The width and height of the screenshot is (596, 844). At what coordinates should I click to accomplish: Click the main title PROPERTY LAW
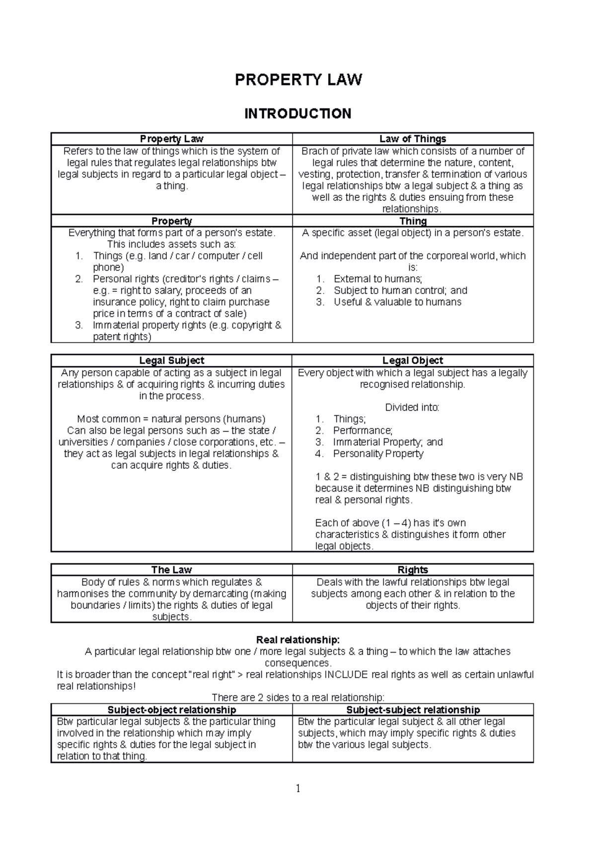[x=298, y=80]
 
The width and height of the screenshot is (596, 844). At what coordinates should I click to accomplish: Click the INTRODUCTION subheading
[x=298, y=114]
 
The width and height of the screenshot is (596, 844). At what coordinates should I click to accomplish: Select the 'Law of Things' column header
[x=413, y=139]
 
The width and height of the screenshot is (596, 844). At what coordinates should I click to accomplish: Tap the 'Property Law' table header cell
[x=171, y=139]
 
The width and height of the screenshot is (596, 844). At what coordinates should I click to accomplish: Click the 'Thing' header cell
[x=413, y=221]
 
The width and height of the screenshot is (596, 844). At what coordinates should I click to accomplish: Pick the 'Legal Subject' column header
[x=171, y=360]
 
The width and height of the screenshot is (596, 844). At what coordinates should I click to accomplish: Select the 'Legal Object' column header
[x=413, y=360]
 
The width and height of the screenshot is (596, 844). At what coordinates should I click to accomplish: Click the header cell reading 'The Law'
[x=171, y=570]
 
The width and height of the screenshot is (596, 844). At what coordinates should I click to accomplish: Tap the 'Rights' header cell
[x=413, y=570]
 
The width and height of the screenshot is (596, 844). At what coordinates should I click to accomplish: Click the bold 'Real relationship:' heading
[x=298, y=640]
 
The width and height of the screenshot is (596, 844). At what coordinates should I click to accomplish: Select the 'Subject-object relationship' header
[x=171, y=710]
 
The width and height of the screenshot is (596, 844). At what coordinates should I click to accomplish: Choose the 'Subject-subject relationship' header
[x=413, y=710]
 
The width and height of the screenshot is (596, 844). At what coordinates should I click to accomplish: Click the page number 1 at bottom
[x=298, y=788]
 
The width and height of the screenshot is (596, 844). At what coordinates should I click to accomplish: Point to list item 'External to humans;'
[x=377, y=279]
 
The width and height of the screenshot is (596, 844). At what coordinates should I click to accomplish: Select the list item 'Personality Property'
[x=378, y=453]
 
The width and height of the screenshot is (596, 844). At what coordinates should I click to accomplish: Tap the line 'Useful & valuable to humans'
[x=397, y=302]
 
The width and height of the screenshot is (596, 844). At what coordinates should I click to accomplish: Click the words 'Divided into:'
[x=412, y=408]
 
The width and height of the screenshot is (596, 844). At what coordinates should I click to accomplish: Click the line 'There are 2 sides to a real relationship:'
[x=298, y=697]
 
